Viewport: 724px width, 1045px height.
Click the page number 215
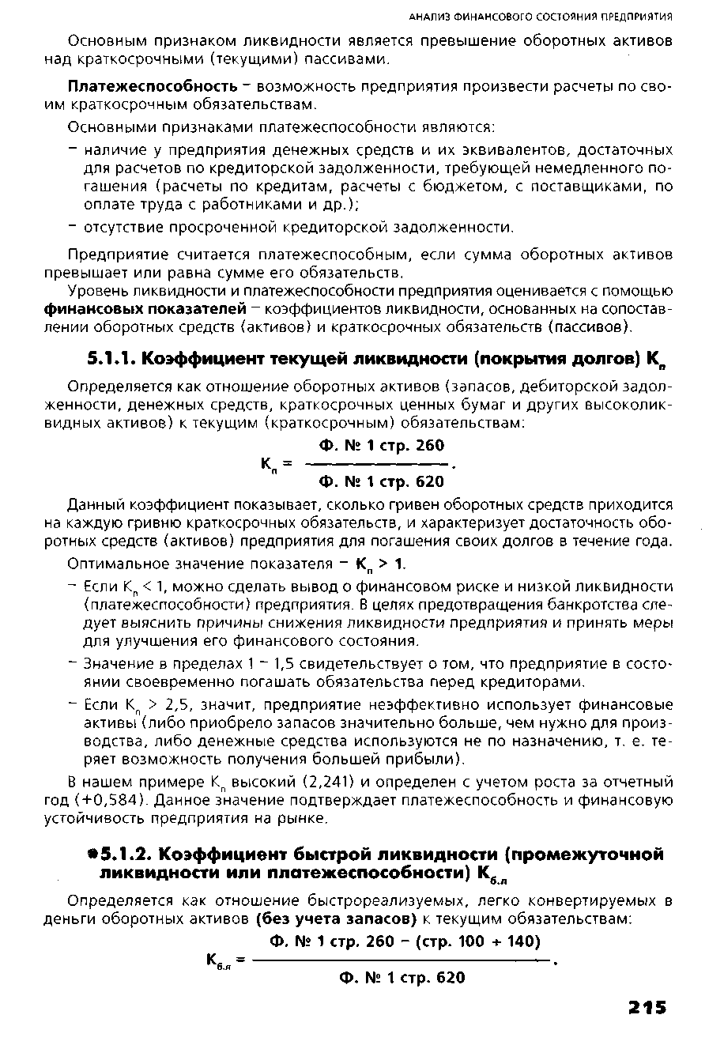tap(645, 1006)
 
